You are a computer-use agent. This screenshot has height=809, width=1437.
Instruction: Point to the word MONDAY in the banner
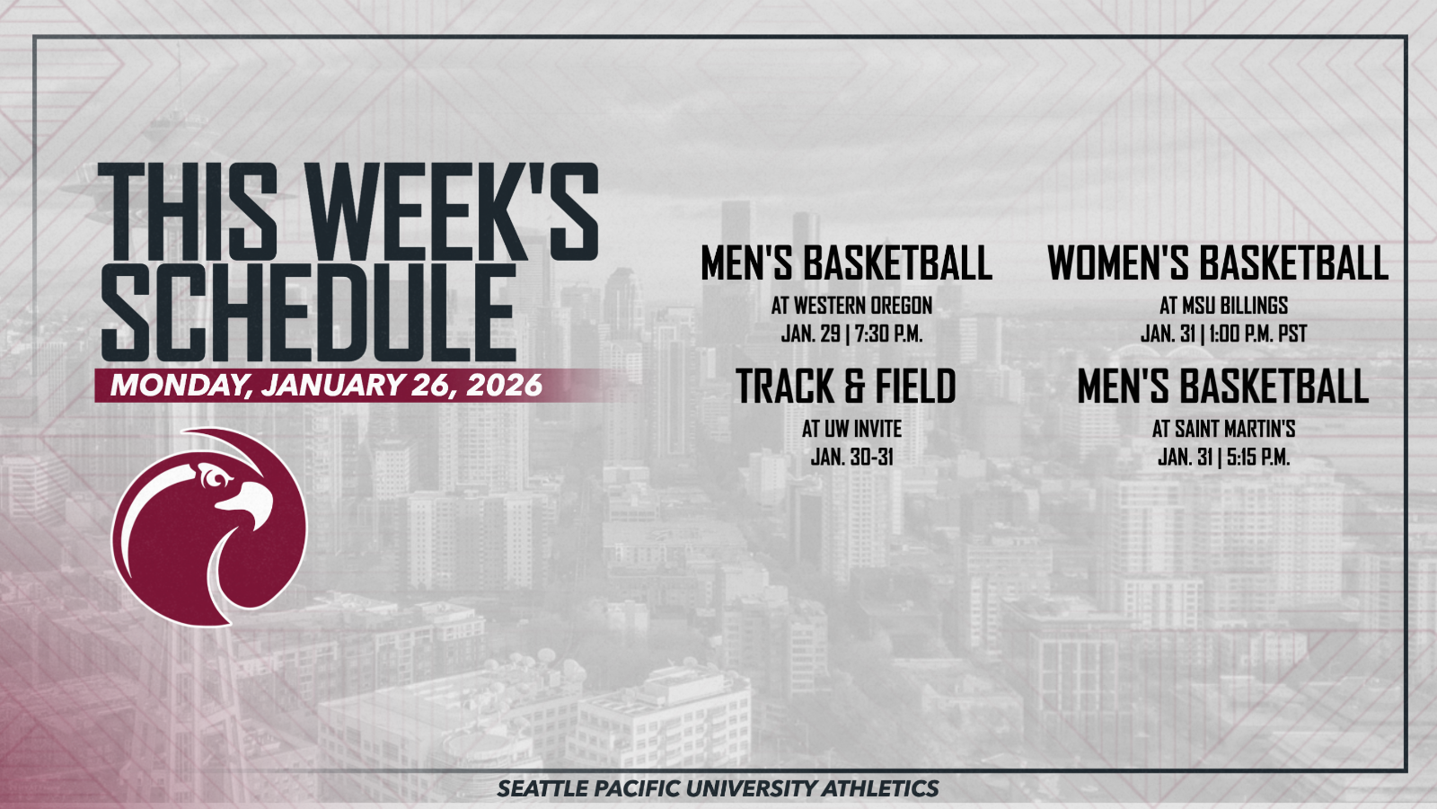click(179, 386)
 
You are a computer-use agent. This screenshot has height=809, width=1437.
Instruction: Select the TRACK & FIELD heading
click(846, 387)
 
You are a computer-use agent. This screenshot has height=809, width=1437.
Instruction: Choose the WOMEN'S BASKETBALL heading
click(1217, 263)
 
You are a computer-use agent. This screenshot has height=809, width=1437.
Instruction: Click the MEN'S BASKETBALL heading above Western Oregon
click(846, 263)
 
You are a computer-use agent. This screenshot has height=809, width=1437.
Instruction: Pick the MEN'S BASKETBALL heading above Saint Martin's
click(1222, 387)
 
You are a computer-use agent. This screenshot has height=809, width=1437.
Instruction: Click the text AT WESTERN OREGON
click(851, 306)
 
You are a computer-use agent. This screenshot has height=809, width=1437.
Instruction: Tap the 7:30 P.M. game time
click(888, 333)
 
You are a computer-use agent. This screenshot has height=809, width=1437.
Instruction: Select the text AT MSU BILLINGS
click(1223, 306)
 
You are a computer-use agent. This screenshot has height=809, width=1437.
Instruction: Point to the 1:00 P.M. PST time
click(1257, 333)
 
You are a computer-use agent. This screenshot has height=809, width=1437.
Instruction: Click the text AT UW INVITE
click(851, 429)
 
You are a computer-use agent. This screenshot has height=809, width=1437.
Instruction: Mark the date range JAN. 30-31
click(851, 457)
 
